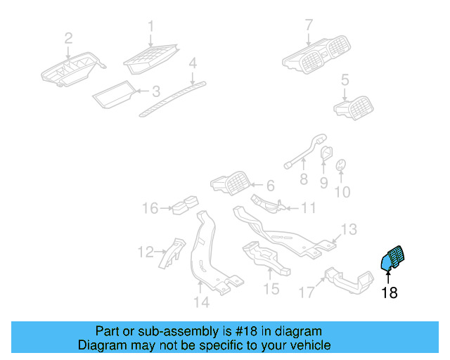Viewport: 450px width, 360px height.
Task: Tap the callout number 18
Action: (389, 292)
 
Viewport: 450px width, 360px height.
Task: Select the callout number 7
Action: (308, 26)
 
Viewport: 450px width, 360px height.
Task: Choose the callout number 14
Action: (201, 303)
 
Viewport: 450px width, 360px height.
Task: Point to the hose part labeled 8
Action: (303, 153)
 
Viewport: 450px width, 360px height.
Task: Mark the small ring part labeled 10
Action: (341, 165)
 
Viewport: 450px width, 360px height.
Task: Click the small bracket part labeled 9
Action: (326, 153)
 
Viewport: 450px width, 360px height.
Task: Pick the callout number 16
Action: (150, 208)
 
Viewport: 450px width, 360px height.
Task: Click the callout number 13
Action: (349, 229)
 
